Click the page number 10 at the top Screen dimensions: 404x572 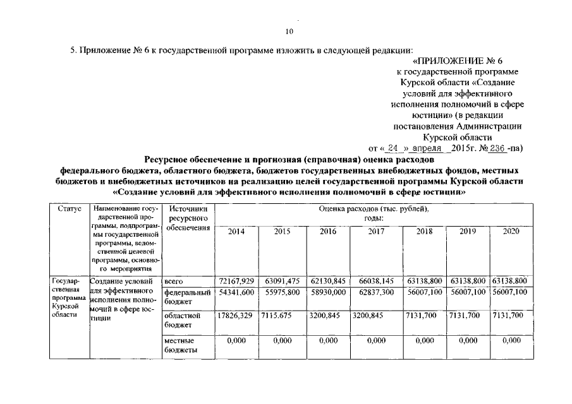tap(289, 32)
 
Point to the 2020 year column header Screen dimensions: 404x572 tap(510, 232)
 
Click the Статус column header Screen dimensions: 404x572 tap(68, 208)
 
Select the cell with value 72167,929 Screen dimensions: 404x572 tap(236, 280)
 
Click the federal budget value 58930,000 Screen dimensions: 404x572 tap(327, 294)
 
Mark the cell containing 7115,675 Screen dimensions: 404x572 tap(279, 315)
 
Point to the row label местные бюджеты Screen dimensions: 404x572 tap(180, 345)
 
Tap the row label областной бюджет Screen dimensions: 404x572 tap(182, 319)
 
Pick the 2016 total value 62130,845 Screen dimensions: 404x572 tap(327, 280)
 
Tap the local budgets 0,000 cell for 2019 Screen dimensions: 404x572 tap(468, 340)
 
